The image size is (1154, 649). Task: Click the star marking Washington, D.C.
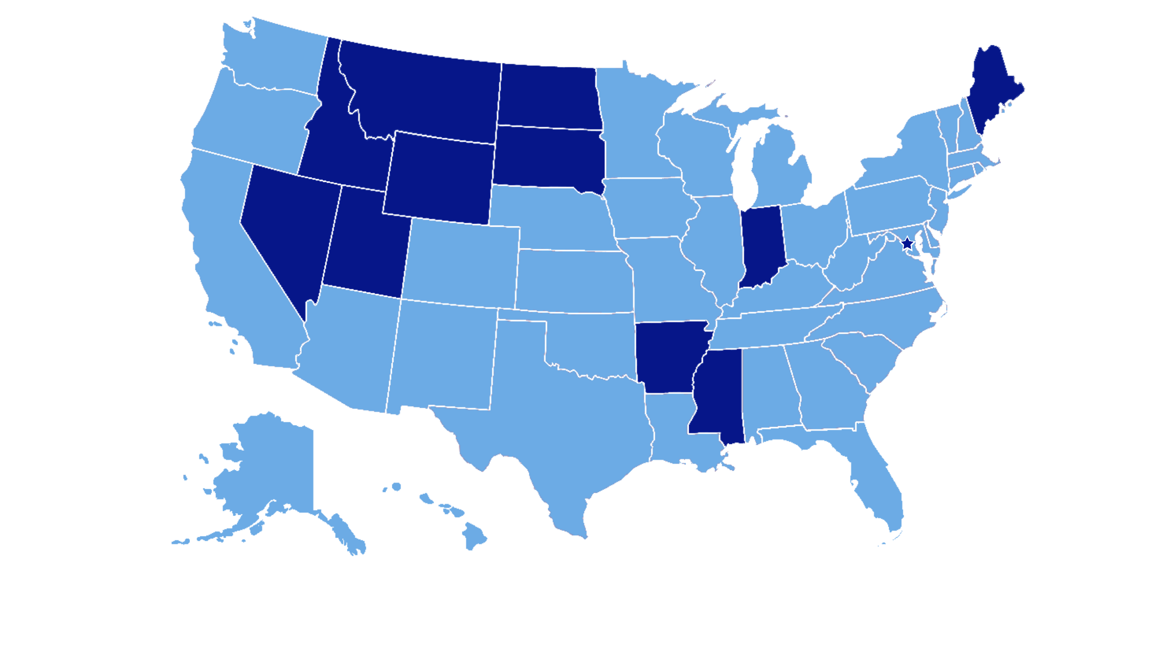click(x=907, y=244)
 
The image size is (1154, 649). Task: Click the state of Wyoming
click(x=439, y=179)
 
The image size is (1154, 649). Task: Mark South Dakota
click(x=549, y=157)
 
